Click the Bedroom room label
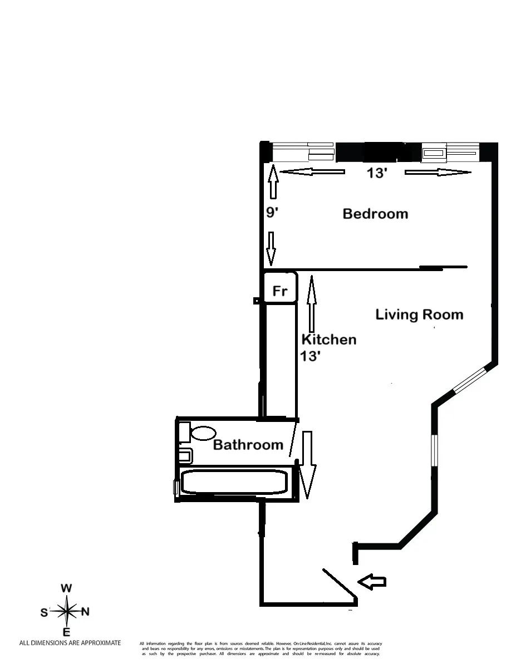(375, 214)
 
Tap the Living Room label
(419, 315)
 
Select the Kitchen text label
(329, 340)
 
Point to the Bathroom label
(248, 445)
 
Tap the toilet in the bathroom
(204, 433)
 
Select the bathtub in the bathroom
(234, 482)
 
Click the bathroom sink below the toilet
(185, 455)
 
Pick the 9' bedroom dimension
(271, 213)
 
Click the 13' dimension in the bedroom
(377, 173)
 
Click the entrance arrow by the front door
(372, 582)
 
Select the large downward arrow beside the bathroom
(307, 464)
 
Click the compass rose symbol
(66, 611)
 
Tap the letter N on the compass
(85, 612)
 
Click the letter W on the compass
(66, 588)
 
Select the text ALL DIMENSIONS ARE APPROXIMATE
(70, 643)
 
